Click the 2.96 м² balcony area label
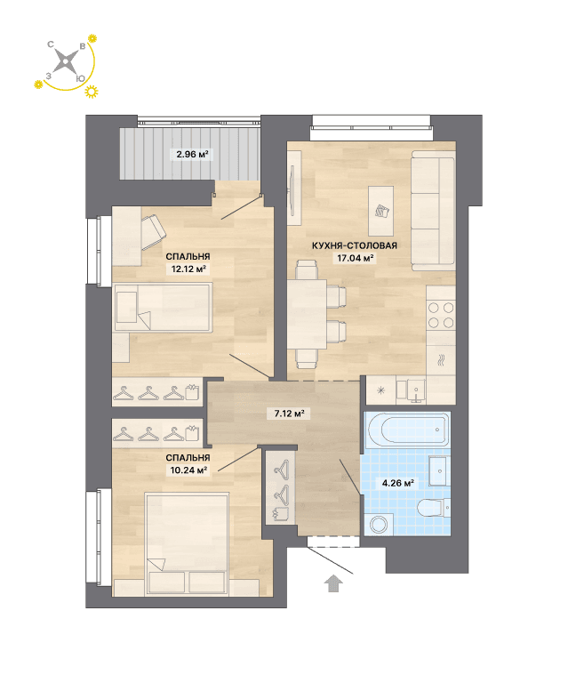point(192,154)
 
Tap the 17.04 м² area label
point(356,258)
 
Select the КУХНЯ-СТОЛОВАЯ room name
point(355,245)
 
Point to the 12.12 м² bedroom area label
point(188,269)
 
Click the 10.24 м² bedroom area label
point(188,470)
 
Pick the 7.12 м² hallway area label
point(289,413)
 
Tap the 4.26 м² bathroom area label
point(397,483)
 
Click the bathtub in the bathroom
point(408,429)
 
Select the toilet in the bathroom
point(434,507)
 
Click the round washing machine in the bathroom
point(378,524)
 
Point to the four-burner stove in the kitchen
point(441,315)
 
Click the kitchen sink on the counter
point(416,390)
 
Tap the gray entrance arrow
point(333,583)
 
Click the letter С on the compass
point(51,44)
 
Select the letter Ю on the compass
point(80,78)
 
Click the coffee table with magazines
point(380,211)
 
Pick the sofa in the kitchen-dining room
point(433,211)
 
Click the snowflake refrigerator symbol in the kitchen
point(380,390)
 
